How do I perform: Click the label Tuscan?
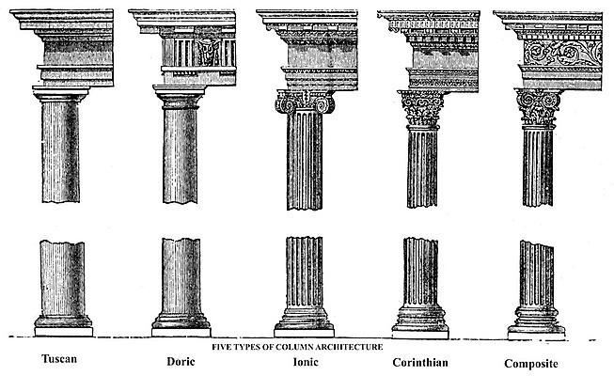(59, 359)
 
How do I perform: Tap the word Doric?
(181, 361)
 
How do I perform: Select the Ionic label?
(306, 361)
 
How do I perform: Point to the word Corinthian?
(420, 362)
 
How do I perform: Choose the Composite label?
(531, 364)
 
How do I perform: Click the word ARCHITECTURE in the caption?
(349, 347)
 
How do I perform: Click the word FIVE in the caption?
(220, 347)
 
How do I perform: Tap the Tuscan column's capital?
(61, 94)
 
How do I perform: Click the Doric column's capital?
(179, 97)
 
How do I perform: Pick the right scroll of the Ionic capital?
(325, 104)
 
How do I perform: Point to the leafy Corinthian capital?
(421, 108)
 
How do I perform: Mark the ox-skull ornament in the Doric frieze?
(209, 52)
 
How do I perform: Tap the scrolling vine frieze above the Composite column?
(563, 53)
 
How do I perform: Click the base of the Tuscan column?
(63, 326)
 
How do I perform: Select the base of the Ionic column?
(305, 322)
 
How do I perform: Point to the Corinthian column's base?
(420, 322)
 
